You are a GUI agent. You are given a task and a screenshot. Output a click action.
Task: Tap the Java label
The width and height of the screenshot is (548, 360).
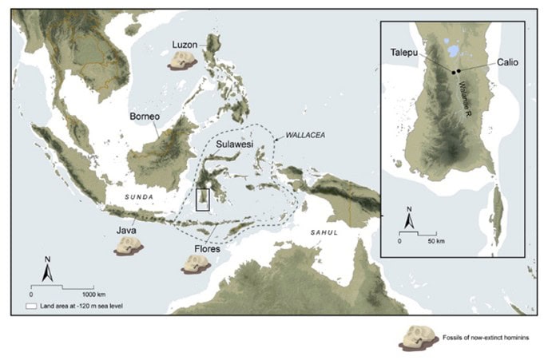125,229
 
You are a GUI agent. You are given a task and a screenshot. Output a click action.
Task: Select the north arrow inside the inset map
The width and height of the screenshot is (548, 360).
408,217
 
